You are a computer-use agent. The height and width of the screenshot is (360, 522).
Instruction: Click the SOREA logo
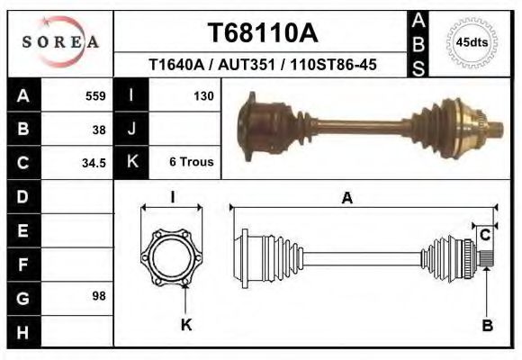click(60, 42)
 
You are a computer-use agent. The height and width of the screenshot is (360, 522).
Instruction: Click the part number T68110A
click(262, 33)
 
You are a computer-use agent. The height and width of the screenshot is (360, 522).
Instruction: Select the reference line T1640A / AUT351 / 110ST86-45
click(262, 65)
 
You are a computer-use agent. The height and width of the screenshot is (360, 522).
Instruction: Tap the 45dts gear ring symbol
click(472, 42)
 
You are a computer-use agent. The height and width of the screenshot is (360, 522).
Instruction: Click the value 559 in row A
click(95, 95)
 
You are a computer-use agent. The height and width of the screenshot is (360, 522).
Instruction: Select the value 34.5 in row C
click(94, 163)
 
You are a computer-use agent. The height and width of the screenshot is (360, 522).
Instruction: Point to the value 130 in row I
click(202, 95)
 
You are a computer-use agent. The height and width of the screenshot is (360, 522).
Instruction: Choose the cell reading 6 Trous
click(191, 163)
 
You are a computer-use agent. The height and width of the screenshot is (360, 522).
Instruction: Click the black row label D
click(22, 196)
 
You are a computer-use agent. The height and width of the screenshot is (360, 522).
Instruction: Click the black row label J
click(131, 129)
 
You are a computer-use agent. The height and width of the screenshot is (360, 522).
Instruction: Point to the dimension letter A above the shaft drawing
click(346, 200)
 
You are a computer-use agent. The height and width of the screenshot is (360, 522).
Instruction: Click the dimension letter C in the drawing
click(484, 236)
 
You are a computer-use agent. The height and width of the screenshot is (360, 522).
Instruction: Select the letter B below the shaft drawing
click(487, 327)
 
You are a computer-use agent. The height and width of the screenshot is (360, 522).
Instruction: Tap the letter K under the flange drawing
click(185, 326)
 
